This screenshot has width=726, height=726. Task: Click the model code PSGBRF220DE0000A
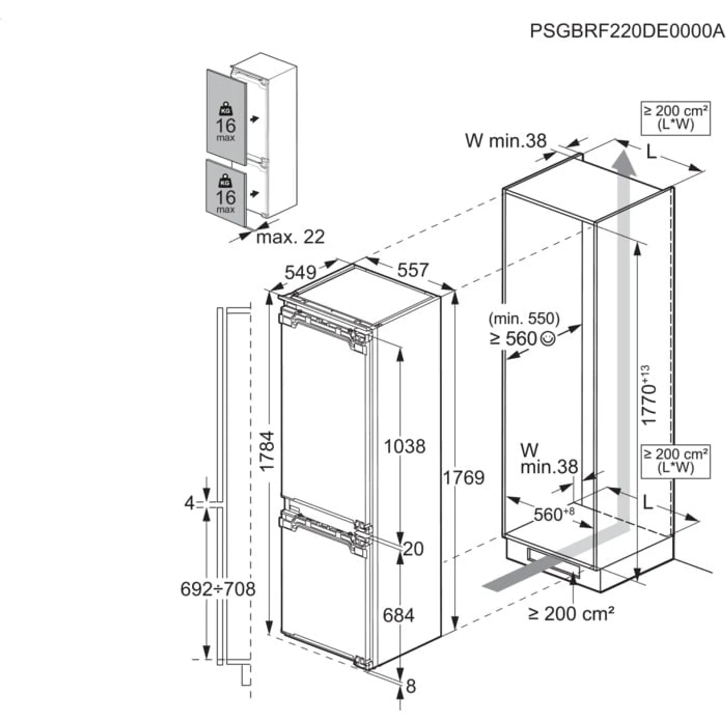point(627,31)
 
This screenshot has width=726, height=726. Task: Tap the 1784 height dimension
point(268,451)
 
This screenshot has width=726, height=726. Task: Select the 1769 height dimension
point(464,478)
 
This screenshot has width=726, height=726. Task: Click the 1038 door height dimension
point(405,446)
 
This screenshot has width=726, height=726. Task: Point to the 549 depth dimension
point(300,273)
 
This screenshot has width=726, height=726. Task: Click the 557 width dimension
point(413,270)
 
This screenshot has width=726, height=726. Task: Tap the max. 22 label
point(290,237)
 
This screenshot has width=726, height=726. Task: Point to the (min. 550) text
point(524,319)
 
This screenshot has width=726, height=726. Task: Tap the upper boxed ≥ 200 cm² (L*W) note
point(676,118)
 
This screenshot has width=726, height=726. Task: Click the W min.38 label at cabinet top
point(506,141)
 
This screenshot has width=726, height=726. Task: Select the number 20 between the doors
point(413,549)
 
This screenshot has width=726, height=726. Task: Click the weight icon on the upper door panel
point(226,109)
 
